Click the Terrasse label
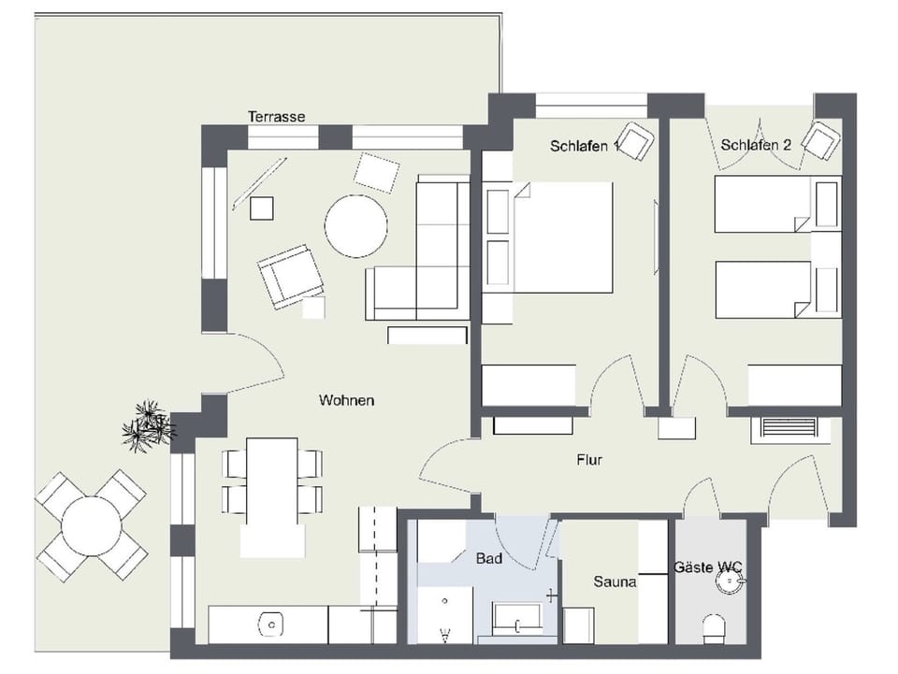coord(276,117)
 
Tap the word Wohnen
coord(346,400)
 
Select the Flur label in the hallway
coord(589,460)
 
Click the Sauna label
coord(615,581)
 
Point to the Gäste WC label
coord(708,567)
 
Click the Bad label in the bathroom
coord(489,559)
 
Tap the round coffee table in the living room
coord(355,226)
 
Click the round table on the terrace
coord(91,525)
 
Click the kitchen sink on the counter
coord(271,624)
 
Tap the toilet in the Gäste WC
coord(715,628)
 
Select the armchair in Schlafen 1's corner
coord(636,142)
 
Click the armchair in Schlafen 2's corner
coord(820,141)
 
